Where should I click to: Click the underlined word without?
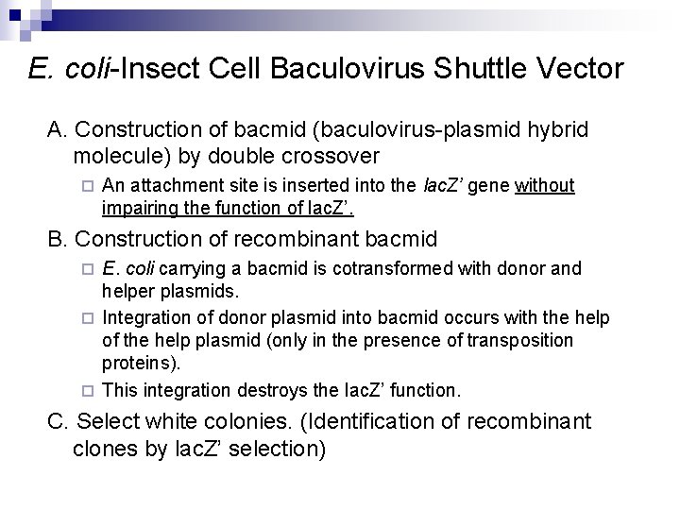tap(545, 185)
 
